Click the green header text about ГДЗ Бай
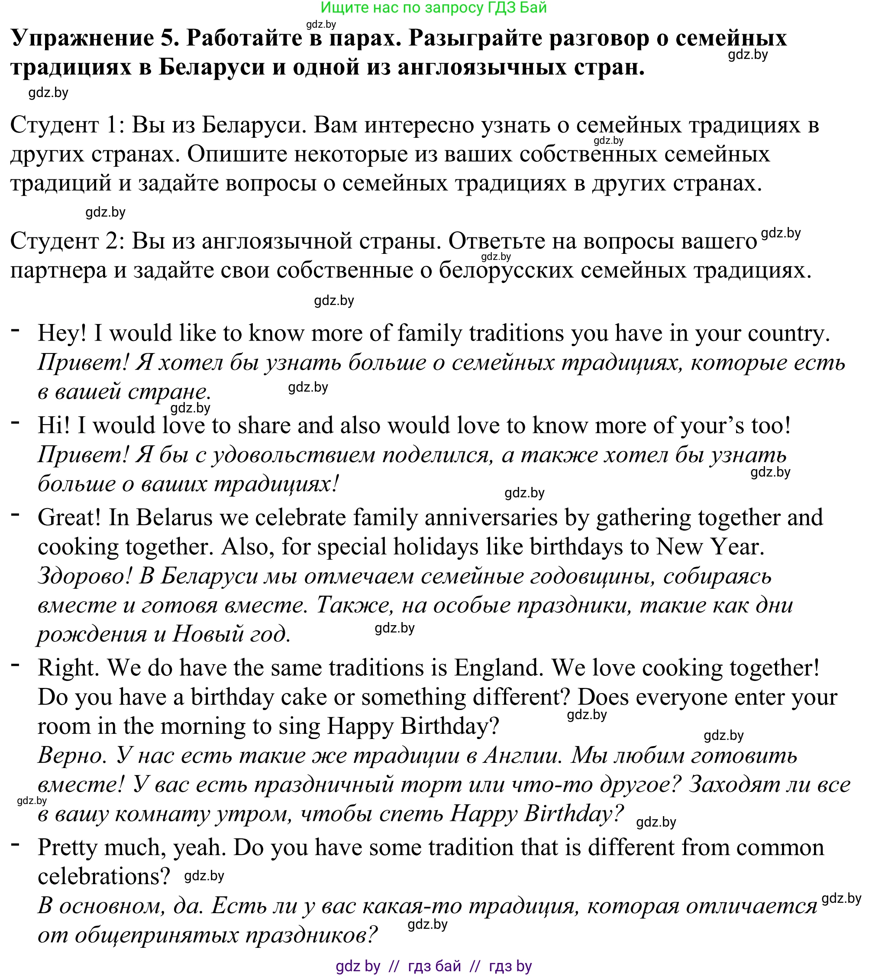(x=433, y=8)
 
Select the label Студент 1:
(x=67, y=125)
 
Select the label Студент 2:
(x=67, y=241)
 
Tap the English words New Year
(x=710, y=547)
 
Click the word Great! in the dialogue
(x=69, y=517)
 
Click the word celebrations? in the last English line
(x=103, y=877)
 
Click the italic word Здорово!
(x=84, y=576)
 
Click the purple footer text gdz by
(x=358, y=966)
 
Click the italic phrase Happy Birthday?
(x=537, y=814)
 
